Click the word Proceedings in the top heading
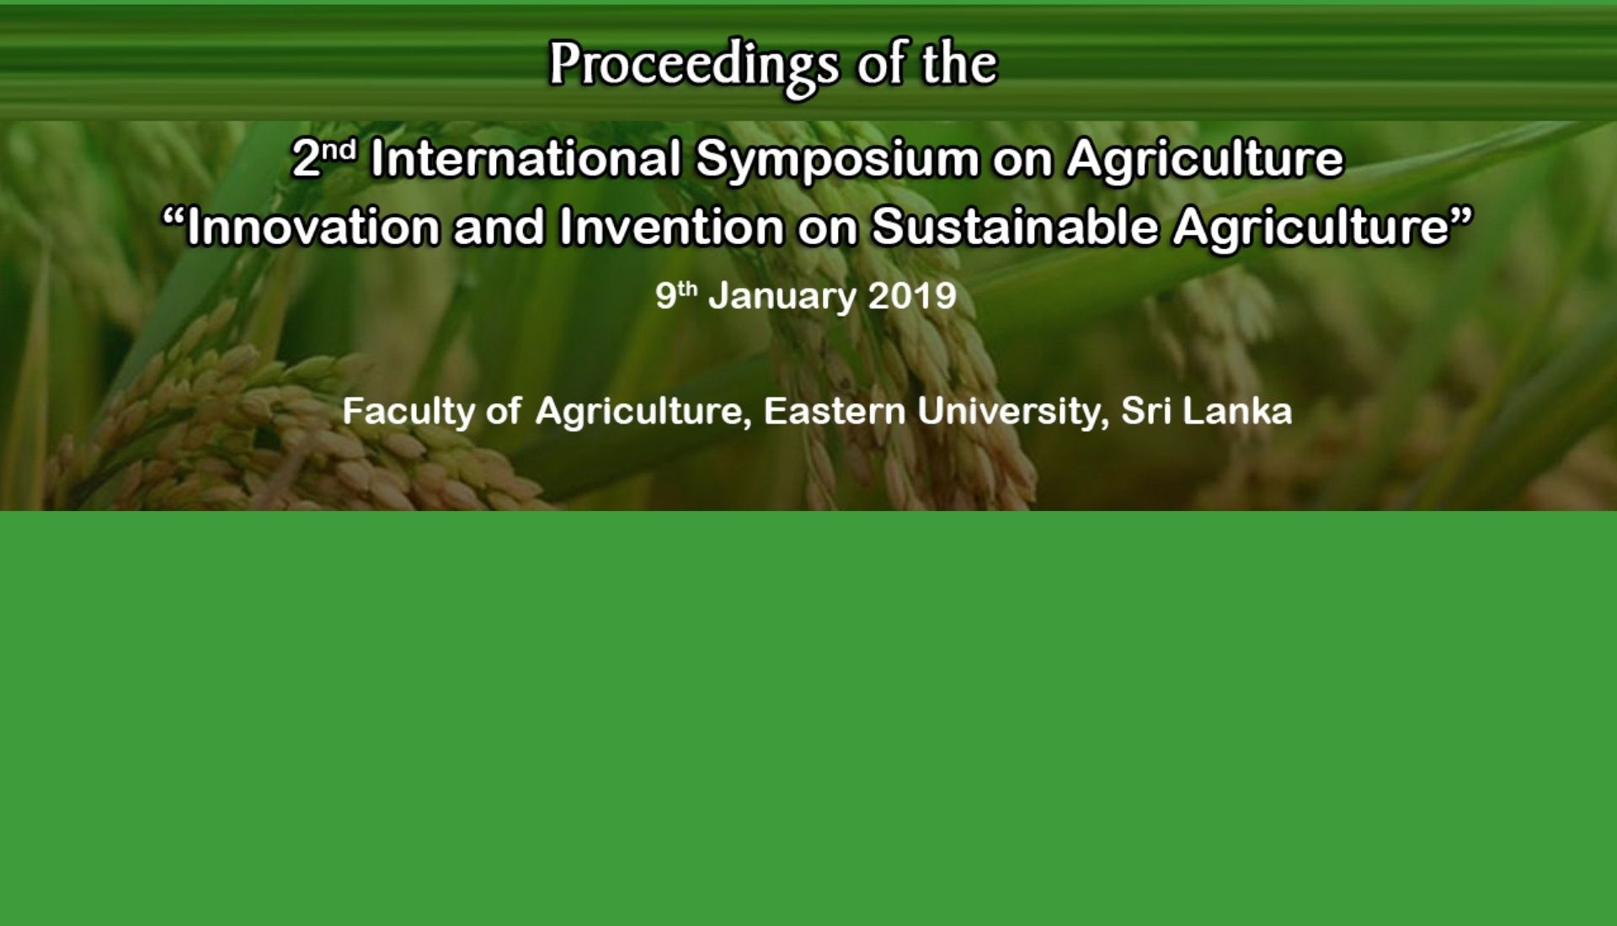click(x=695, y=66)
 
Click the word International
click(x=526, y=158)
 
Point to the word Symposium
click(x=836, y=161)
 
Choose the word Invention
click(x=671, y=227)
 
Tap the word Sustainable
click(x=1014, y=227)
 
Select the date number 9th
click(x=676, y=295)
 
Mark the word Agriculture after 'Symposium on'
click(x=1205, y=161)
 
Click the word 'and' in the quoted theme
click(x=499, y=227)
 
